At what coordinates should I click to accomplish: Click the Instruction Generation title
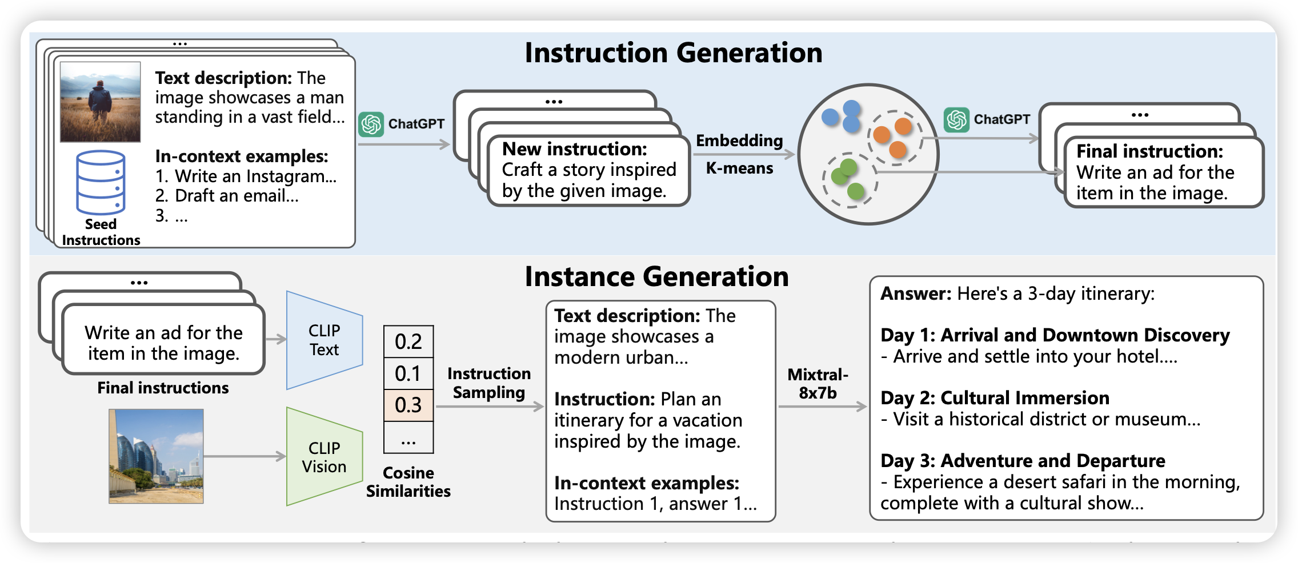point(673,53)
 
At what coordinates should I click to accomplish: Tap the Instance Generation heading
point(656,277)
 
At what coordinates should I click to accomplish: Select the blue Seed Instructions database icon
point(101,182)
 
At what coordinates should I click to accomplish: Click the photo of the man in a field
point(101,102)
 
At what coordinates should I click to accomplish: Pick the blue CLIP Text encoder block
point(324,340)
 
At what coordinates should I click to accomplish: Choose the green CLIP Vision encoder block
point(324,457)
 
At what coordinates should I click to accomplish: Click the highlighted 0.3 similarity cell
point(408,405)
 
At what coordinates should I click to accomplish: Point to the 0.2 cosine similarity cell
point(408,341)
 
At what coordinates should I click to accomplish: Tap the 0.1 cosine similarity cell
point(408,373)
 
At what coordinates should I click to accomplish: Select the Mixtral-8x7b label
point(818,384)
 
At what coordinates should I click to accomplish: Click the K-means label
point(739,168)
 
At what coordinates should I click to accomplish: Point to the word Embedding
point(739,140)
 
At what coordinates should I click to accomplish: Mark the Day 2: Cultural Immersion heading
point(995,397)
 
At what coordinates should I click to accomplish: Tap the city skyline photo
point(156,456)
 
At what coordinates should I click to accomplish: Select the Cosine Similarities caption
point(408,482)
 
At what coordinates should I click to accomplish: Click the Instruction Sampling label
point(489,383)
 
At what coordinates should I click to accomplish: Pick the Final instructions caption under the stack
point(163,388)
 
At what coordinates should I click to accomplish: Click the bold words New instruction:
point(574,149)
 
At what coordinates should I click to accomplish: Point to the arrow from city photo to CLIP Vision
point(245,456)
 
